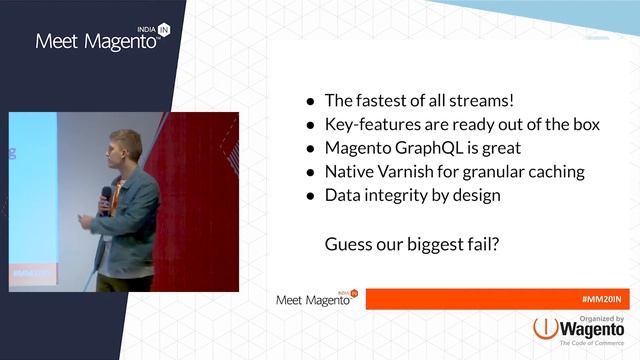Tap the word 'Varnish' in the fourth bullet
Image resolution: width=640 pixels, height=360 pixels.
[410, 172]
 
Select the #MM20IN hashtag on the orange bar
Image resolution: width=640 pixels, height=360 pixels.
[604, 300]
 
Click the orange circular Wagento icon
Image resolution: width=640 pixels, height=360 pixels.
[545, 329]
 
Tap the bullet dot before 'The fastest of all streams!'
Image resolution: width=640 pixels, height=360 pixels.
[311, 101]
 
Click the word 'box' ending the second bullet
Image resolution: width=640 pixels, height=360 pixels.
[585, 125]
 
